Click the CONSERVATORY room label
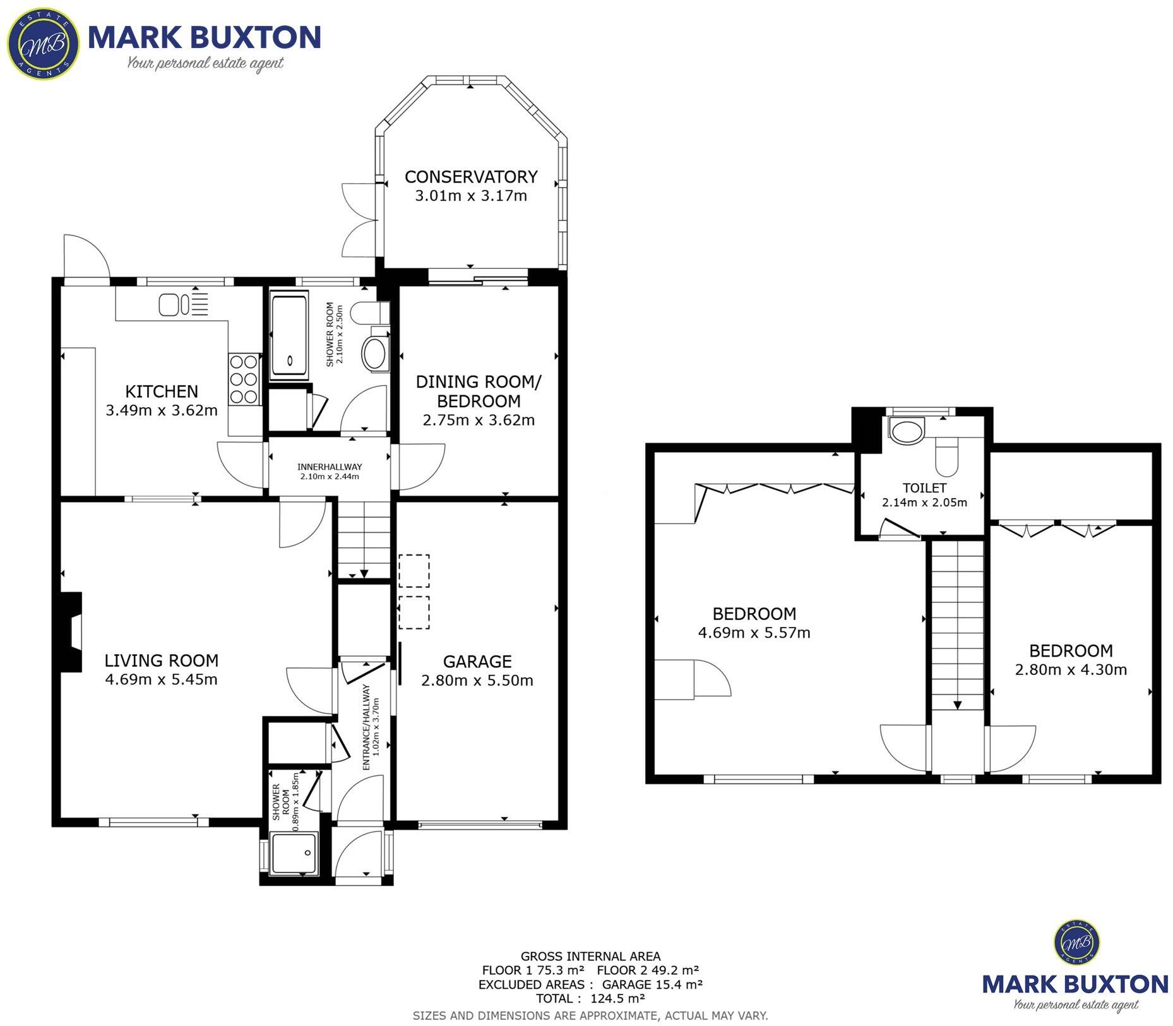pos(471,177)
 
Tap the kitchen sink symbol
pos(174,304)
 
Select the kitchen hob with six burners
pos(244,379)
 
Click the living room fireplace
pos(71,632)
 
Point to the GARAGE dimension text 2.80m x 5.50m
pos(477,680)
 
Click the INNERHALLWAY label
pos(330,467)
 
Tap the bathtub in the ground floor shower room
pos(289,335)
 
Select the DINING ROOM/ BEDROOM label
pos(479,391)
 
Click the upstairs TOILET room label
pos(924,488)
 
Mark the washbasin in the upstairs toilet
pos(907,429)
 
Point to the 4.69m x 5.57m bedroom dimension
pos(754,633)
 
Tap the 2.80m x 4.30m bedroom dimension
pos(1071,669)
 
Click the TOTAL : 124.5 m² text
pos(590,998)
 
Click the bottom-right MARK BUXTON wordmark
pos(1075,984)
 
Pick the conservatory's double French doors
pos(359,220)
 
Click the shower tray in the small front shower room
pos(294,854)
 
